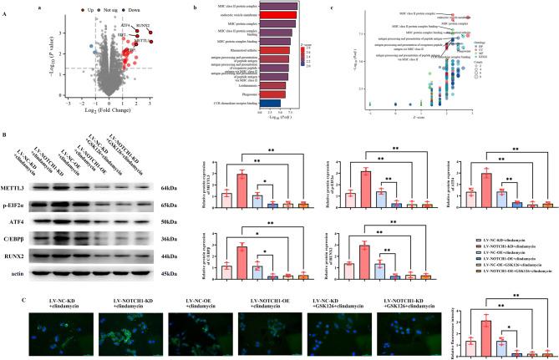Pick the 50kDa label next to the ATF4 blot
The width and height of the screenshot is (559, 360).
(x=172, y=220)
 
